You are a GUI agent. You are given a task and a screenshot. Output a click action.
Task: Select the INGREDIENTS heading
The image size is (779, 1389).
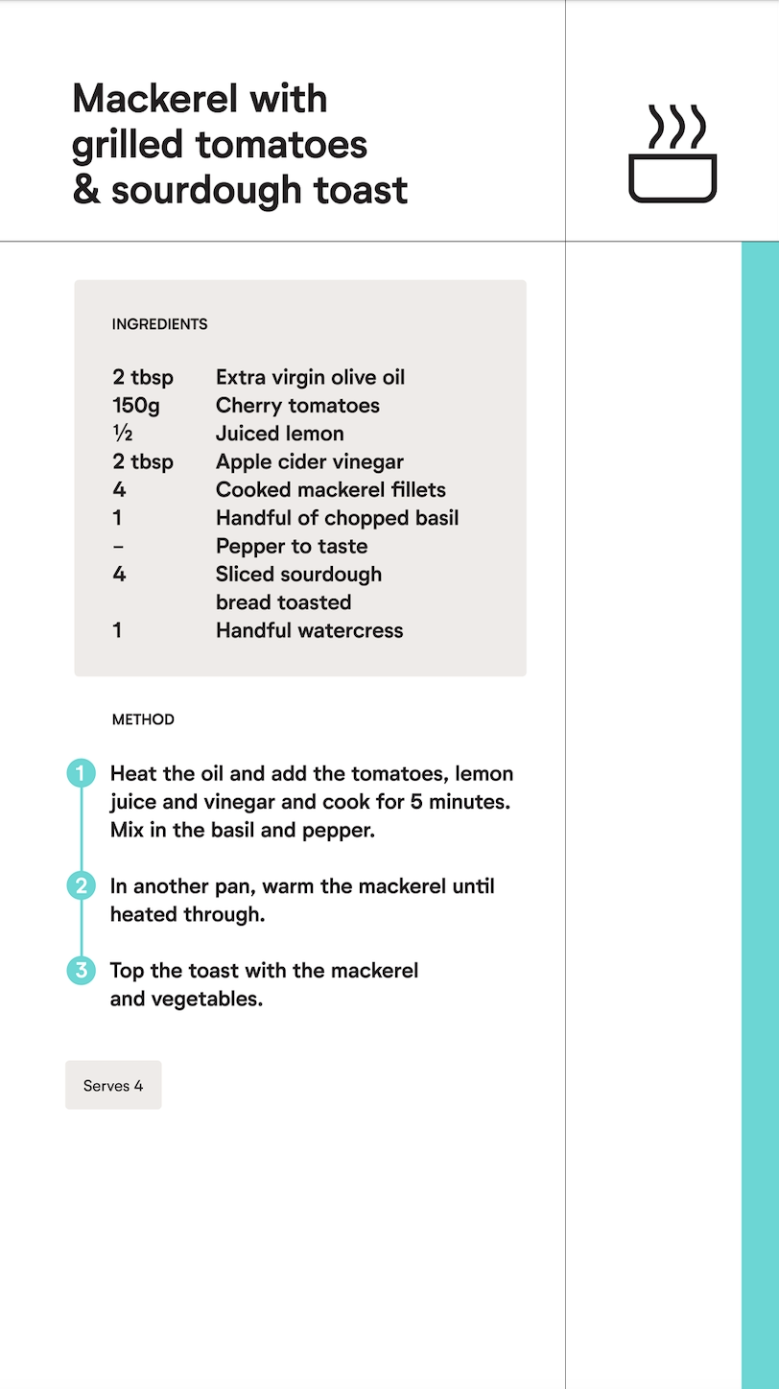159,324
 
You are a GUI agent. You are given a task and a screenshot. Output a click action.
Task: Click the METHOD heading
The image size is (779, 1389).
143,719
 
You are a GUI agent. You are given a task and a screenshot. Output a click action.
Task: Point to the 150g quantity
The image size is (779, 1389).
136,406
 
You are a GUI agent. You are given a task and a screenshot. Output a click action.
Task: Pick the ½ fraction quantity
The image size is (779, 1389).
122,434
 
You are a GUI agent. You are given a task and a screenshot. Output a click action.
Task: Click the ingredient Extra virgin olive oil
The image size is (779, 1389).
310,377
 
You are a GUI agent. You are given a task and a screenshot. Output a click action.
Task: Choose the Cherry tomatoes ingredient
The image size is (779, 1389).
297,406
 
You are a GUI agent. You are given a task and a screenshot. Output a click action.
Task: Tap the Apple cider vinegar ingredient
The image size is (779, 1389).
309,461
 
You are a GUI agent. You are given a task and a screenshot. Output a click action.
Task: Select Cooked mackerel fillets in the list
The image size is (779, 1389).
330,490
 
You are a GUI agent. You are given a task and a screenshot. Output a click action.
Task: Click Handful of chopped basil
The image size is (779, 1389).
337,518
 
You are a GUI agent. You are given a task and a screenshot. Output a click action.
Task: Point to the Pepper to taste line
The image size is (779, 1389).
291,546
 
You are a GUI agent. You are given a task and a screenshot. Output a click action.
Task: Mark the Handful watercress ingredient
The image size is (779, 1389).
309,630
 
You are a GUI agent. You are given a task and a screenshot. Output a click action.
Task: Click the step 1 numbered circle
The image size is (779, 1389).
81,773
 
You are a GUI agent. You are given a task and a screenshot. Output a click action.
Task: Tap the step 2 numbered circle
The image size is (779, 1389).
81,885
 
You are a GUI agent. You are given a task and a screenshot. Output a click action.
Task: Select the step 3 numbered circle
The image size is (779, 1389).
81,970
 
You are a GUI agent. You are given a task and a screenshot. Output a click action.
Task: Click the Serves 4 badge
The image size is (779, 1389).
113,1085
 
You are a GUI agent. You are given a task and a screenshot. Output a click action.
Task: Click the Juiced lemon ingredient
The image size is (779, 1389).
279,434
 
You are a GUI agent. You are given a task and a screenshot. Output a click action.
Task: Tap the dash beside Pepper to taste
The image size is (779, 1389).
118,547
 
